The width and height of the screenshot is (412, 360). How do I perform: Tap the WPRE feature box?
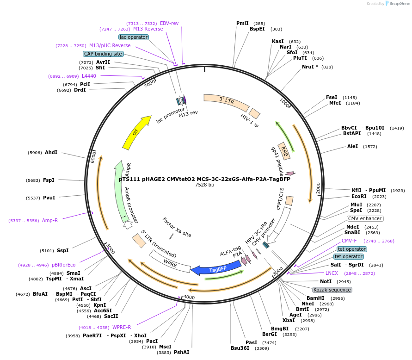pyautogui.click(x=169, y=262)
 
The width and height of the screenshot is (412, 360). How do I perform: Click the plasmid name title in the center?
pyautogui.click(x=204, y=179)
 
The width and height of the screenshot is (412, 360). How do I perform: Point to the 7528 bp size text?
pyautogui.click(x=204, y=185)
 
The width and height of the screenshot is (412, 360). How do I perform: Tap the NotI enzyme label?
pyautogui.click(x=326, y=281)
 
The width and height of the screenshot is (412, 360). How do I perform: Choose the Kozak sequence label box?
pyautogui.click(x=332, y=290)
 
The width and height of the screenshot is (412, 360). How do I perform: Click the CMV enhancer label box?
pyautogui.click(x=365, y=218)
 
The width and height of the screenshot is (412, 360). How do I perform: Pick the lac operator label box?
pyautogui.click(x=133, y=37)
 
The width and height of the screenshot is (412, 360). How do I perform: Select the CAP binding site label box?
pyautogui.click(x=103, y=54)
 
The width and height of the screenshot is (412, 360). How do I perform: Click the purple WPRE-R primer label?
pyautogui.click(x=122, y=327)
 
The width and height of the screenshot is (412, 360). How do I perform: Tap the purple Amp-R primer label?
pyautogui.click(x=50, y=220)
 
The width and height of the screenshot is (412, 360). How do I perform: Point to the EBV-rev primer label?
pyautogui.click(x=169, y=23)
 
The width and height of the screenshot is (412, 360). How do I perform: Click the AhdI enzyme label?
pyautogui.click(x=51, y=152)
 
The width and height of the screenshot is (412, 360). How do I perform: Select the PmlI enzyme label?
pyautogui.click(x=242, y=23)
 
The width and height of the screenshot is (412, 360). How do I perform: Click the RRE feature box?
pyautogui.click(x=284, y=151)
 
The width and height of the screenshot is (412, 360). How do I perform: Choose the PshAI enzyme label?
pyautogui.click(x=181, y=352)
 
